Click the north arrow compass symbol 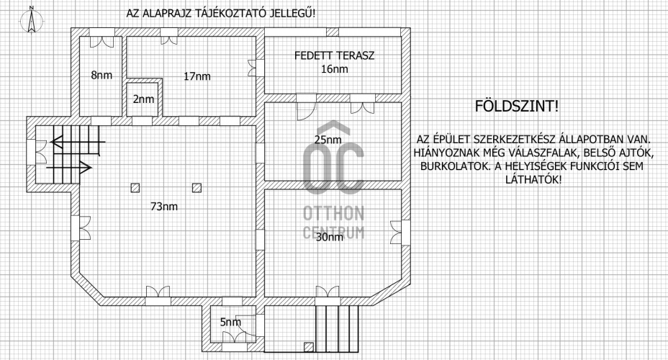pos(31,20)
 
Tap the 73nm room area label pos(164,207)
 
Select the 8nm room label pos(101,76)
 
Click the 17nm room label pos(197,77)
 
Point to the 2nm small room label pos(143,99)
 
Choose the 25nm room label pos(328,140)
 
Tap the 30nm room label pos(329,238)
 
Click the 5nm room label pos(230,322)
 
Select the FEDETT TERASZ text pos(335,56)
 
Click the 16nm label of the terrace pos(335,69)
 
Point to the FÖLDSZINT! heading pos(516,106)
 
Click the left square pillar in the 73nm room pos(135,188)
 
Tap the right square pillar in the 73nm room pos(197,188)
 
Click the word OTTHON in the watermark pos(333,213)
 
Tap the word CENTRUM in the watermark pos(333,233)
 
